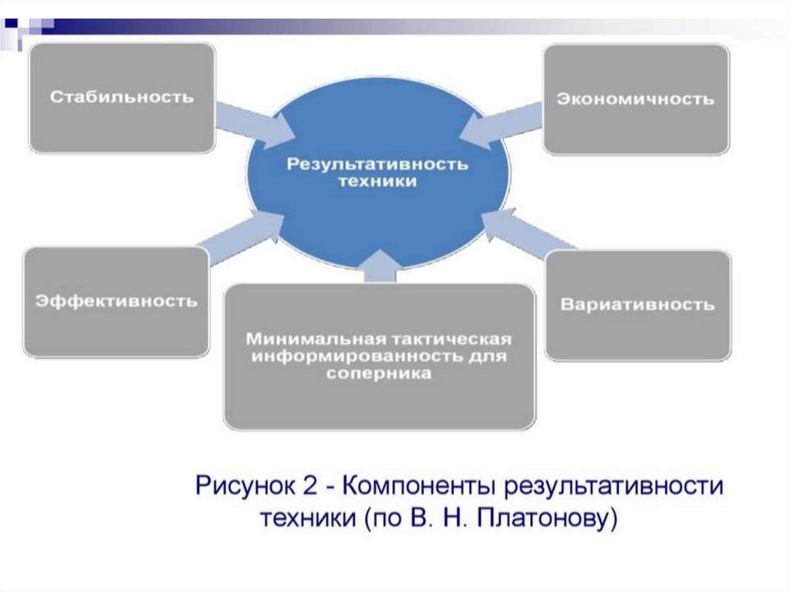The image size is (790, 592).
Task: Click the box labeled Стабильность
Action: pyautogui.click(x=121, y=97)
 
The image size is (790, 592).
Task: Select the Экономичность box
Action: pyautogui.click(x=636, y=99)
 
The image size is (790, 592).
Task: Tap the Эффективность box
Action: pyautogui.click(x=116, y=301)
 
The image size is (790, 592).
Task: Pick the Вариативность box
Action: pyautogui.click(x=637, y=304)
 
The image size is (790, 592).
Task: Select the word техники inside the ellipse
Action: pyautogui.click(x=378, y=181)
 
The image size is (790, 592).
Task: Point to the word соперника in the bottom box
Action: pyautogui.click(x=379, y=374)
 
